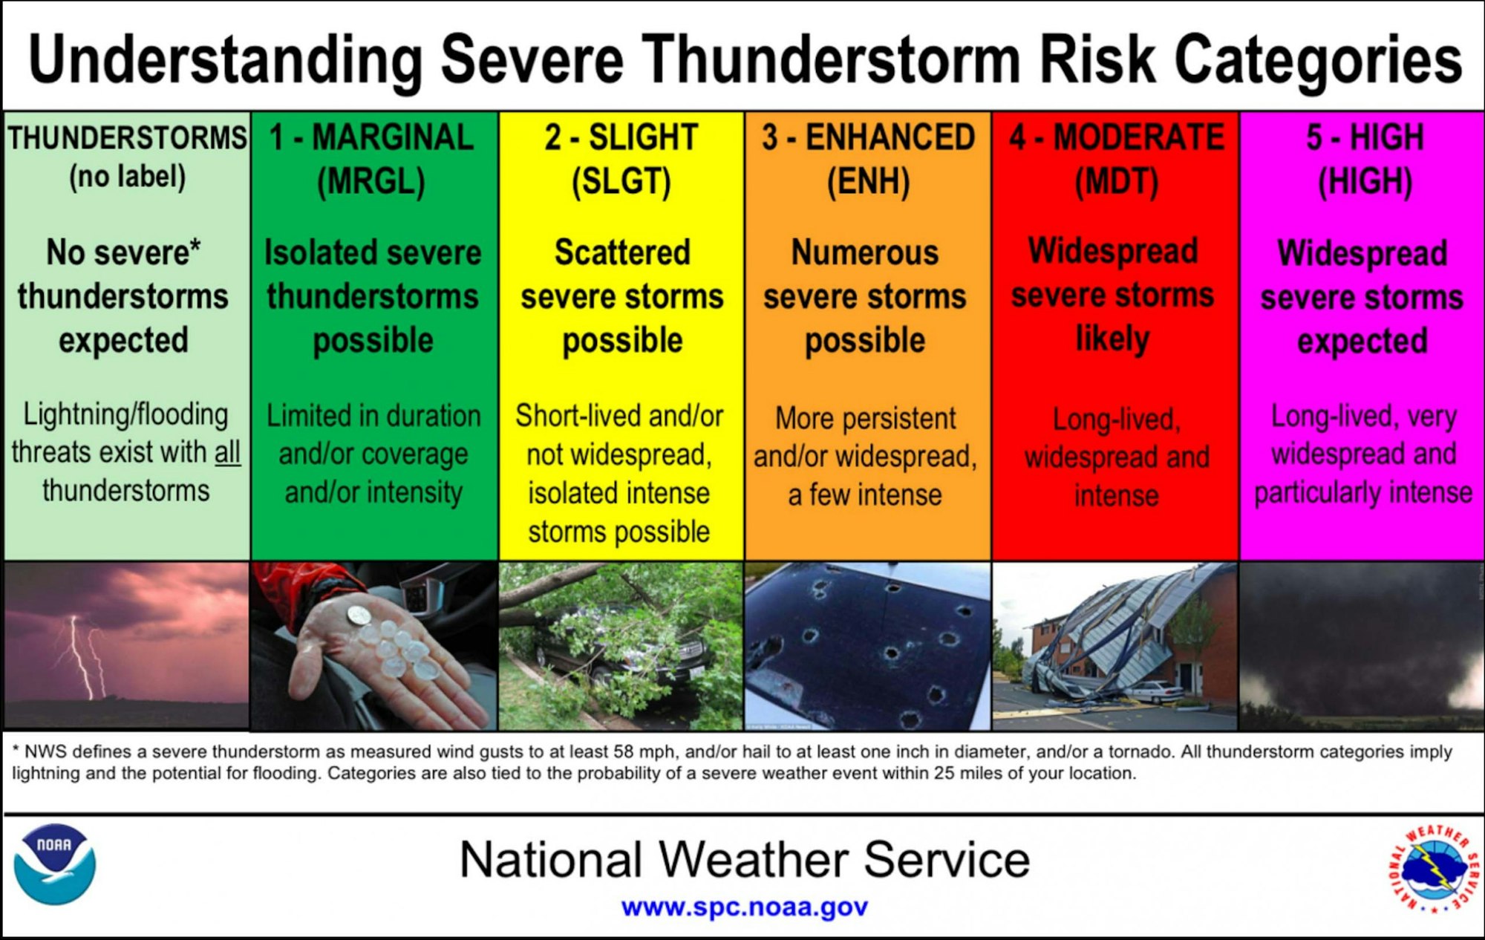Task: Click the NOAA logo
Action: coord(55,864)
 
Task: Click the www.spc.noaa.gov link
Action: coord(744,907)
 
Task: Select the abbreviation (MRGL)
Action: coord(371,182)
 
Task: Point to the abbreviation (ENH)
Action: coord(868,182)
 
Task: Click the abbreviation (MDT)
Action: coord(1116,182)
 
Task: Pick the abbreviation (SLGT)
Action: coord(621,182)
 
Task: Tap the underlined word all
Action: coord(227,452)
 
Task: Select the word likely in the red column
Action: coord(1112,339)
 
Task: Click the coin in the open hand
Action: coord(359,615)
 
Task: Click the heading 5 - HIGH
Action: coord(1364,137)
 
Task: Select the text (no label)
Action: coord(127,177)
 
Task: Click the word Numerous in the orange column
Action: coord(864,252)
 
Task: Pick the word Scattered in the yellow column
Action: coord(622,252)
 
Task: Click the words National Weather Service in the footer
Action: coord(744,860)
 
